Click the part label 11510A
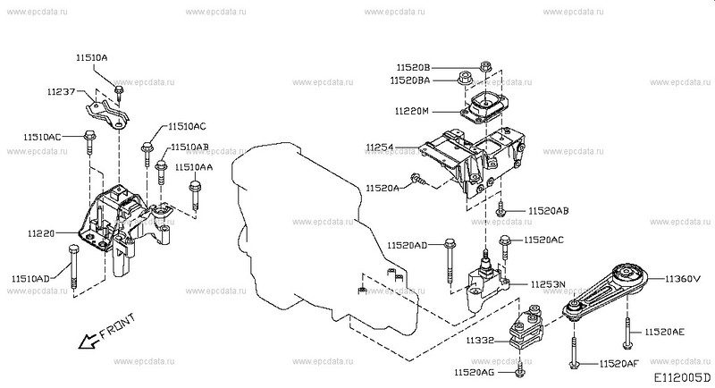coord(91,57)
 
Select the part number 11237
coord(64,91)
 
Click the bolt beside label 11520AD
coord(447,252)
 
